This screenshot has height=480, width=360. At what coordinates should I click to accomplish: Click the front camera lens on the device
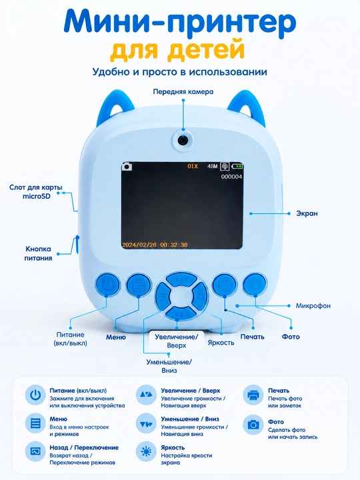[183, 139]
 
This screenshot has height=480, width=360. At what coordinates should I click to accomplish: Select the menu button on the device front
[139, 285]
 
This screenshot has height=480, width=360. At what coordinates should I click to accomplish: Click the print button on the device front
[225, 285]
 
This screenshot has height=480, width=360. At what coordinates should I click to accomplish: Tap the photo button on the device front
[255, 285]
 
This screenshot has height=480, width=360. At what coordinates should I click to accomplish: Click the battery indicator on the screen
[237, 166]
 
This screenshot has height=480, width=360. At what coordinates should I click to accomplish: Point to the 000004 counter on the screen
[231, 177]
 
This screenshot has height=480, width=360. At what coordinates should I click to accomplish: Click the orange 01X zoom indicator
[193, 166]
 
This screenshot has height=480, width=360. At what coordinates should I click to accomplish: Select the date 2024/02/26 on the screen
[139, 245]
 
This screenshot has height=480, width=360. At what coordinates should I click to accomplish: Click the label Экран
[307, 213]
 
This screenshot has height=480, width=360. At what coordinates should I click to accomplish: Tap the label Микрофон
[313, 305]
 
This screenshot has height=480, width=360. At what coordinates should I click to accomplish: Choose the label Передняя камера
[183, 91]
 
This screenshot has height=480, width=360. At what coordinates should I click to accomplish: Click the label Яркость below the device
[221, 343]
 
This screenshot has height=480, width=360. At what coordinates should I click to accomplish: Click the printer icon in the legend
[253, 395]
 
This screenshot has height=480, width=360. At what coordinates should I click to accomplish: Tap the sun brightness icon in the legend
[146, 451]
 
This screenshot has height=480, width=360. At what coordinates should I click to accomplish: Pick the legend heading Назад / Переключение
[84, 447]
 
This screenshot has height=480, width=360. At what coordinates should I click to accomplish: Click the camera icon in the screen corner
[127, 167]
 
